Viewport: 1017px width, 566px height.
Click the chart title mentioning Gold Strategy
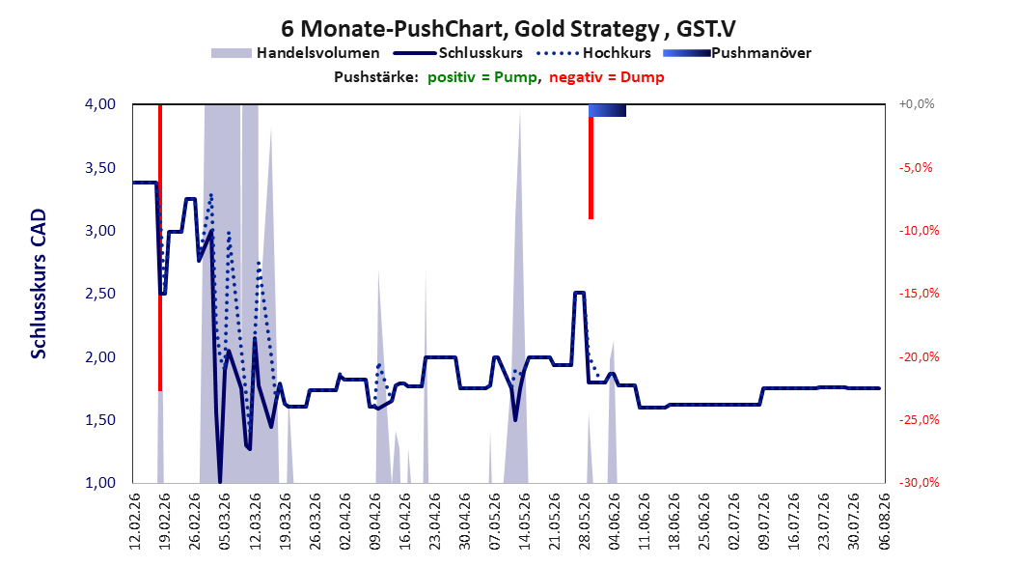pos(508,29)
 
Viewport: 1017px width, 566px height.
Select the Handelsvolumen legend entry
pos(296,53)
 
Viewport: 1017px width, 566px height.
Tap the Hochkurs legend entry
pos(594,53)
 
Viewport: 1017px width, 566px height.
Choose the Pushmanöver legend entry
pos(737,53)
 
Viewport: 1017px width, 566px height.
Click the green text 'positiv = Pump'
pos(481,77)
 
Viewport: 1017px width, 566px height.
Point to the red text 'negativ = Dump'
pos(607,77)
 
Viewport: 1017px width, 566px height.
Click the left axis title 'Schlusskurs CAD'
pos(39,284)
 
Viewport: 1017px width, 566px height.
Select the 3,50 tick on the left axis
pos(100,167)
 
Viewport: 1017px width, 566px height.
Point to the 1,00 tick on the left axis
pos(100,482)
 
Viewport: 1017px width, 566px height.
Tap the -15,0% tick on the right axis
pos(919,294)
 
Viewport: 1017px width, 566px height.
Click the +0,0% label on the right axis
pos(917,104)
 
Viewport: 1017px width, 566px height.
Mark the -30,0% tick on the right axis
pos(919,482)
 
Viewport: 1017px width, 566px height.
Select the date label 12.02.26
pos(135,522)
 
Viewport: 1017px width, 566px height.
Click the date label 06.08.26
pos(884,522)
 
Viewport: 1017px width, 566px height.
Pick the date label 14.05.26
pos(524,522)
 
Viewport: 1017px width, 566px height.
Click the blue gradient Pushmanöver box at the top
pos(607,110)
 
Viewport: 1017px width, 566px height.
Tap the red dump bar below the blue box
pos(591,167)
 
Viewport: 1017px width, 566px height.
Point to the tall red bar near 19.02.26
pos(160,247)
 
